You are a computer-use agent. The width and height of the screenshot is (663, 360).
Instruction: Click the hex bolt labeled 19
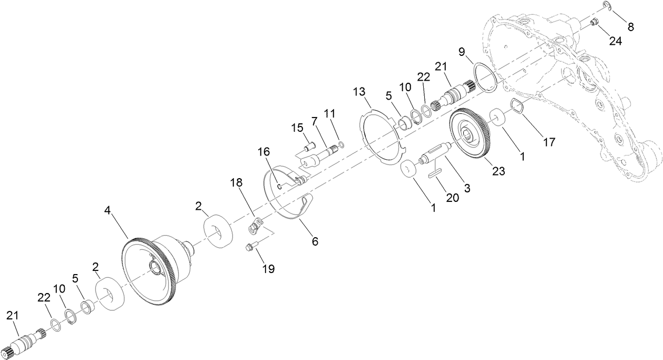[x=251, y=246]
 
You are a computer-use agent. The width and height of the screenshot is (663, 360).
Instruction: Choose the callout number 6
[x=315, y=241]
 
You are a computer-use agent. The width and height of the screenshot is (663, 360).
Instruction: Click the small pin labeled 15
[x=309, y=141]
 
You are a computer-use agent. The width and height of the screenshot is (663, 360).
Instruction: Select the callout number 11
[x=329, y=113]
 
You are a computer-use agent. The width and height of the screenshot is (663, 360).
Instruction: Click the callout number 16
[x=264, y=152]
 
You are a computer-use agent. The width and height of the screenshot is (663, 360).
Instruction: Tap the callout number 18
[x=237, y=183]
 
